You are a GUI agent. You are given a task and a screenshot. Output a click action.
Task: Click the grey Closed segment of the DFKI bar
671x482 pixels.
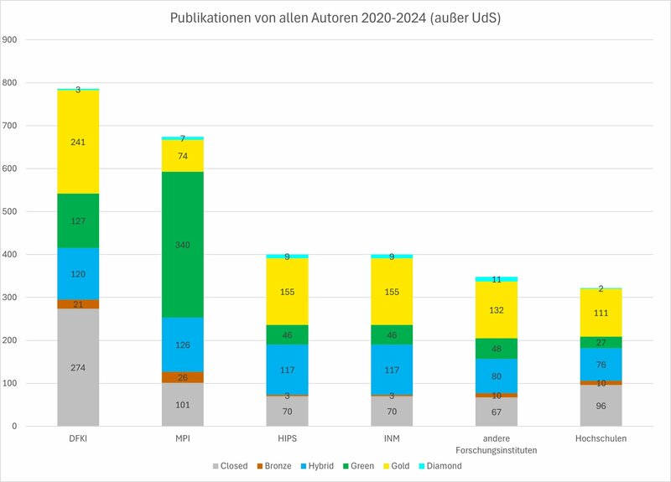[x=78, y=367]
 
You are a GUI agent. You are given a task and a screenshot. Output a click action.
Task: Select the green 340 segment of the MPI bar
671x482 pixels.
[x=183, y=245]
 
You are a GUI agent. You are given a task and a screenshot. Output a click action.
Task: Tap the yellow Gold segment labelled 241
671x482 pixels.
[x=78, y=142]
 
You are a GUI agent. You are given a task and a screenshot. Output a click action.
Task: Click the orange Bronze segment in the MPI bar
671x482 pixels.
[x=183, y=377]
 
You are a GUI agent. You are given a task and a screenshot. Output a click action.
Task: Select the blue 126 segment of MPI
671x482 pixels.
[x=183, y=345]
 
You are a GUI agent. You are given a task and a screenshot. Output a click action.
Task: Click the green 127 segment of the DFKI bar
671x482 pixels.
[x=78, y=221]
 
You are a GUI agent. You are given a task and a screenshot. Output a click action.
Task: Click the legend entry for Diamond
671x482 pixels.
[x=440, y=466]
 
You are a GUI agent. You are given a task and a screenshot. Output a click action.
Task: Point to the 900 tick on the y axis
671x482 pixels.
[x=11, y=40]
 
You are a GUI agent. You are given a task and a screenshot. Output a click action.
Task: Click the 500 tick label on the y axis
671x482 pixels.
[x=11, y=212]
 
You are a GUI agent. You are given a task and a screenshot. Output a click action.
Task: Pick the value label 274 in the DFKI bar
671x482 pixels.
[x=78, y=367]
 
